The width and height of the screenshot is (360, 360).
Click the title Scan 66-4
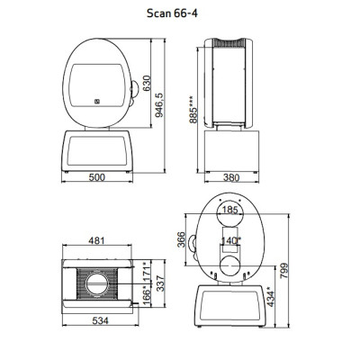click(172, 13)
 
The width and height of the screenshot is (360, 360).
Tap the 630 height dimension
click(147, 84)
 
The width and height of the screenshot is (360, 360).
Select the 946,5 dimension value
click(159, 104)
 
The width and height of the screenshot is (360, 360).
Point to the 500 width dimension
click(97, 177)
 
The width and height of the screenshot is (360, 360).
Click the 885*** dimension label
click(193, 110)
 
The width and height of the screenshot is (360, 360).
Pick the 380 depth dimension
click(231, 178)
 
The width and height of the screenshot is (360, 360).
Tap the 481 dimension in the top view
click(96, 240)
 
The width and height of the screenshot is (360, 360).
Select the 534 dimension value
click(100, 320)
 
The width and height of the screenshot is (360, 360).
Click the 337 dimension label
click(161, 283)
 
